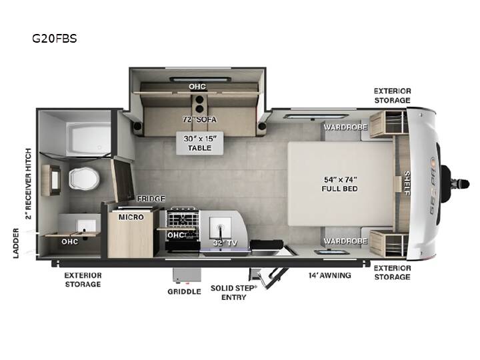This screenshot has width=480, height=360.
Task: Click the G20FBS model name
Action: pos(55,39)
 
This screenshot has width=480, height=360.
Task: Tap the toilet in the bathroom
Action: pos(84,179)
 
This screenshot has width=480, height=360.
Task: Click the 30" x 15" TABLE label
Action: pos(200,143)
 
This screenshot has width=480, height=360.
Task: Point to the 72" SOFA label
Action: pos(199,119)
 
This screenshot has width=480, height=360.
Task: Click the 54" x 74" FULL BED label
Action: pos(339,184)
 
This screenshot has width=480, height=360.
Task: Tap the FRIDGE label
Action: pos(151,199)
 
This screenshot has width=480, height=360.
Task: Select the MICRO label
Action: pos(131,217)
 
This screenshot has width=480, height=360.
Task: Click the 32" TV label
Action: pos(225,243)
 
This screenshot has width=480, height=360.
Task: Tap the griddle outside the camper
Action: pos(187,275)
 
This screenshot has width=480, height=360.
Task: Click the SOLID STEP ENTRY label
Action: pos(233,293)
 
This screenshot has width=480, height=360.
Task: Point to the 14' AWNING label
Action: pos(330,275)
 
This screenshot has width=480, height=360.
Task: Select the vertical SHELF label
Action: pos(407,183)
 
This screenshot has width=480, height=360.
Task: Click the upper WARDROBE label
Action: pos(345,127)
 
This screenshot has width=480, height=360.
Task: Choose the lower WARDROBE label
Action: pos(345,241)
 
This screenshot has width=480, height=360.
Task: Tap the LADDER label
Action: pos(16,243)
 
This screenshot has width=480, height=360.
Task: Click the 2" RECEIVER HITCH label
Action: pos(28,184)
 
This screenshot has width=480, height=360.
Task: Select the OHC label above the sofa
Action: pos(197,87)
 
